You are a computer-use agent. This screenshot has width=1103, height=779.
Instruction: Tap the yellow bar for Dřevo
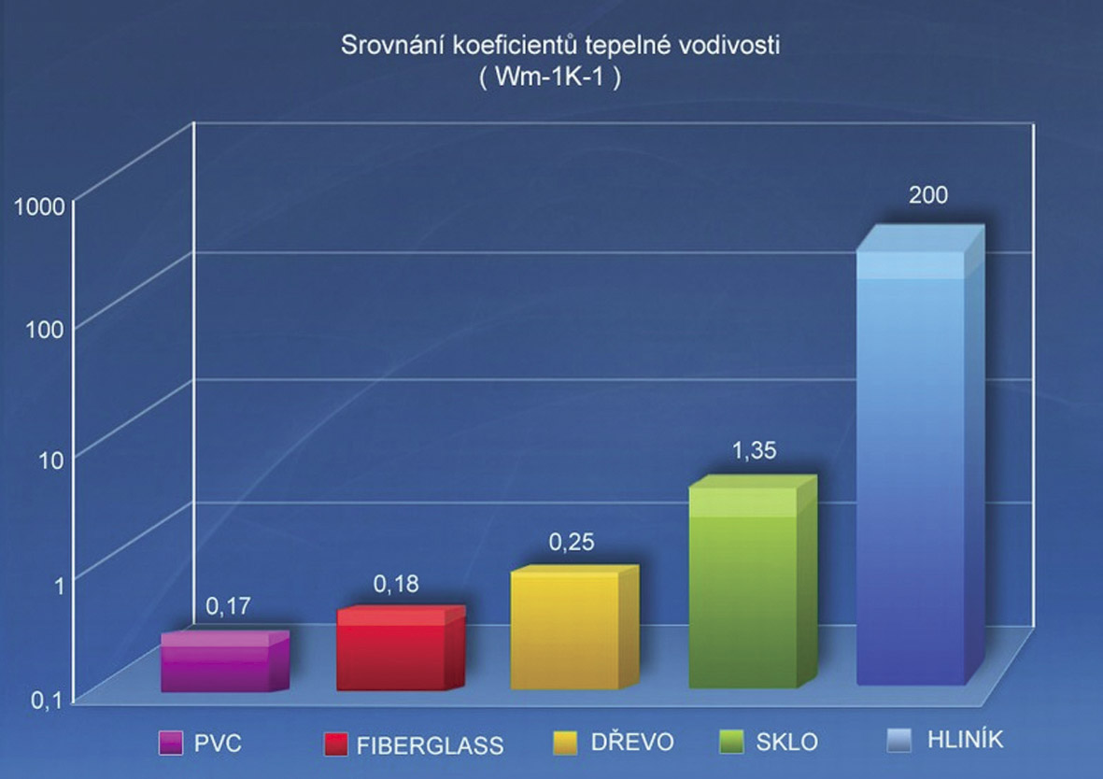(565, 631)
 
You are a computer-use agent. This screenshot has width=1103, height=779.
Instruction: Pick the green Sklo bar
(742, 588)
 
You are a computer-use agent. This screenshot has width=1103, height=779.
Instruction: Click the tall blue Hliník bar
(911, 467)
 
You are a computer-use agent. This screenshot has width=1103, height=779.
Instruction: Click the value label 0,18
(396, 585)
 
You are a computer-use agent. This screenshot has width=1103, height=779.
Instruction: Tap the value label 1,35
(753, 451)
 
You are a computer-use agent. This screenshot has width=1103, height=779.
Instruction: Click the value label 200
(928, 196)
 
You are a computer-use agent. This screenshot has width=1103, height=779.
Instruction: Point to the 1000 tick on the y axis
(39, 206)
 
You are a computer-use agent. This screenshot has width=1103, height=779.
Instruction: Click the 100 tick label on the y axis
(44, 329)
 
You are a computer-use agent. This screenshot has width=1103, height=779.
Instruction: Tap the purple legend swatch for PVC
(169, 743)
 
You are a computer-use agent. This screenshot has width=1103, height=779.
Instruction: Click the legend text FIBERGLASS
(429, 745)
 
